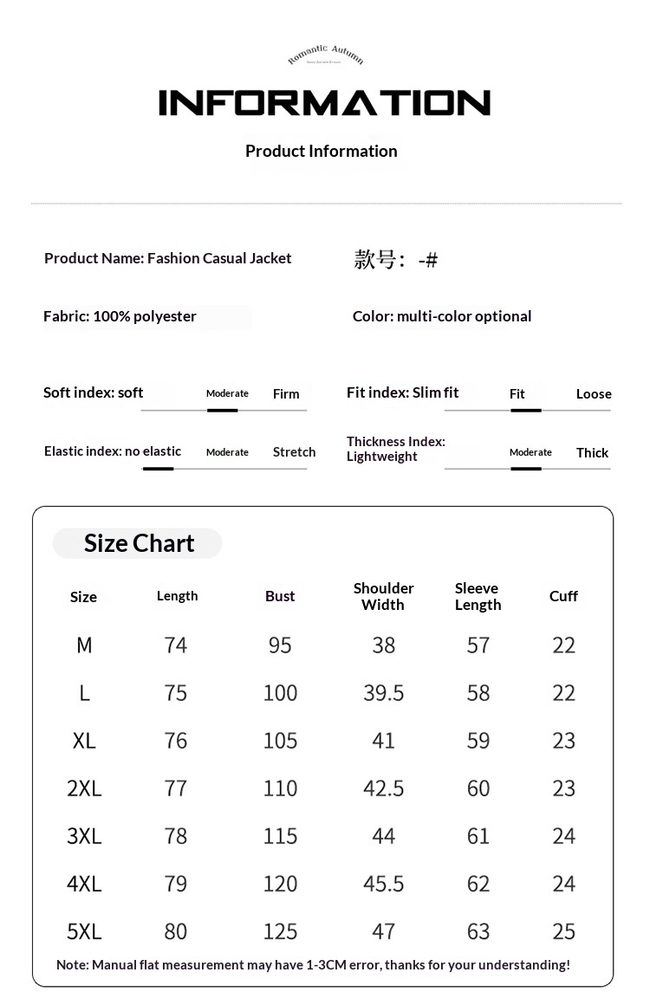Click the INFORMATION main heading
[324, 103]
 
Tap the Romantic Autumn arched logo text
[325, 55]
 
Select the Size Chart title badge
[138, 543]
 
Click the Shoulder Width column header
[383, 596]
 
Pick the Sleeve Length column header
[478, 596]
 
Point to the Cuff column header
[563, 596]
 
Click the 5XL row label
[84, 931]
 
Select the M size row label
[84, 645]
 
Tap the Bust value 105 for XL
[280, 741]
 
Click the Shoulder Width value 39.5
[383, 693]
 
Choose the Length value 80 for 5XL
[176, 931]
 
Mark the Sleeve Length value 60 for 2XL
[478, 788]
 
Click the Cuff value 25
[563, 931]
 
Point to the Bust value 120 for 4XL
[280, 884]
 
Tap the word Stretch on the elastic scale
[294, 452]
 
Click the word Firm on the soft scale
[286, 394]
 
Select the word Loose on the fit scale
[594, 394]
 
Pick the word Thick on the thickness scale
[592, 453]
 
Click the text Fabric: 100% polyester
[120, 316]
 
